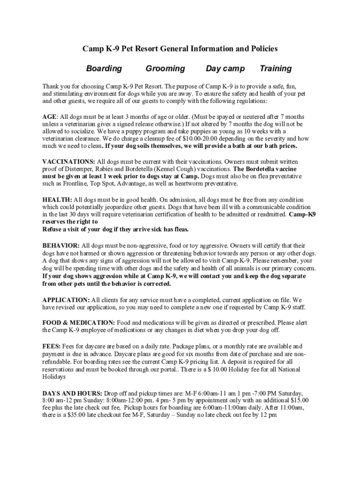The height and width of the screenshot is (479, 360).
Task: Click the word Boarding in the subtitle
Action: tap(104, 69)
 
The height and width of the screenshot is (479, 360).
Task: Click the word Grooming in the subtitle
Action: tap(165, 69)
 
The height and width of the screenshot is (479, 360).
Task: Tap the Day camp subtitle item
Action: tap(225, 69)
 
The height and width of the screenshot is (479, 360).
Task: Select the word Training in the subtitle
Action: tap(275, 69)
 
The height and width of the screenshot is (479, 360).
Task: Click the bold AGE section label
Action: tap(50, 116)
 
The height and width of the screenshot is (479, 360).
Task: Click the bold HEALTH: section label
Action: tap(57, 199)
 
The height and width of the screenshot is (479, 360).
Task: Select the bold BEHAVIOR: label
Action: tap(61, 245)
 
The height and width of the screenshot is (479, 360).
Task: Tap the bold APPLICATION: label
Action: tap(66, 299)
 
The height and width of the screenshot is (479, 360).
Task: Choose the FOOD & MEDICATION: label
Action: tap(79, 323)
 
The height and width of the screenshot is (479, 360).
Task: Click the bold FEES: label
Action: tap(51, 346)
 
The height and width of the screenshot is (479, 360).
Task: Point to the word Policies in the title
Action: tap(262, 49)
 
